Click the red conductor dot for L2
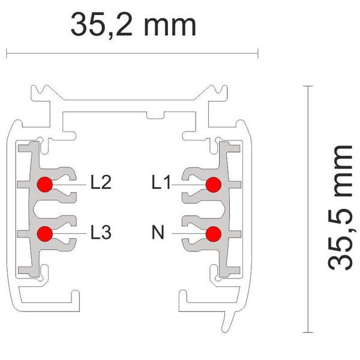[45, 184]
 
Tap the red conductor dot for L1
[214, 185]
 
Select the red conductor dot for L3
[45, 234]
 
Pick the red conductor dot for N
[214, 234]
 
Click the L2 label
[101, 182]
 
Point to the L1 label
[161, 182]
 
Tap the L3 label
[101, 232]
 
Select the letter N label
[158, 232]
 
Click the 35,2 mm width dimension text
[133, 25]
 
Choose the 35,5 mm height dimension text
[340, 208]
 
